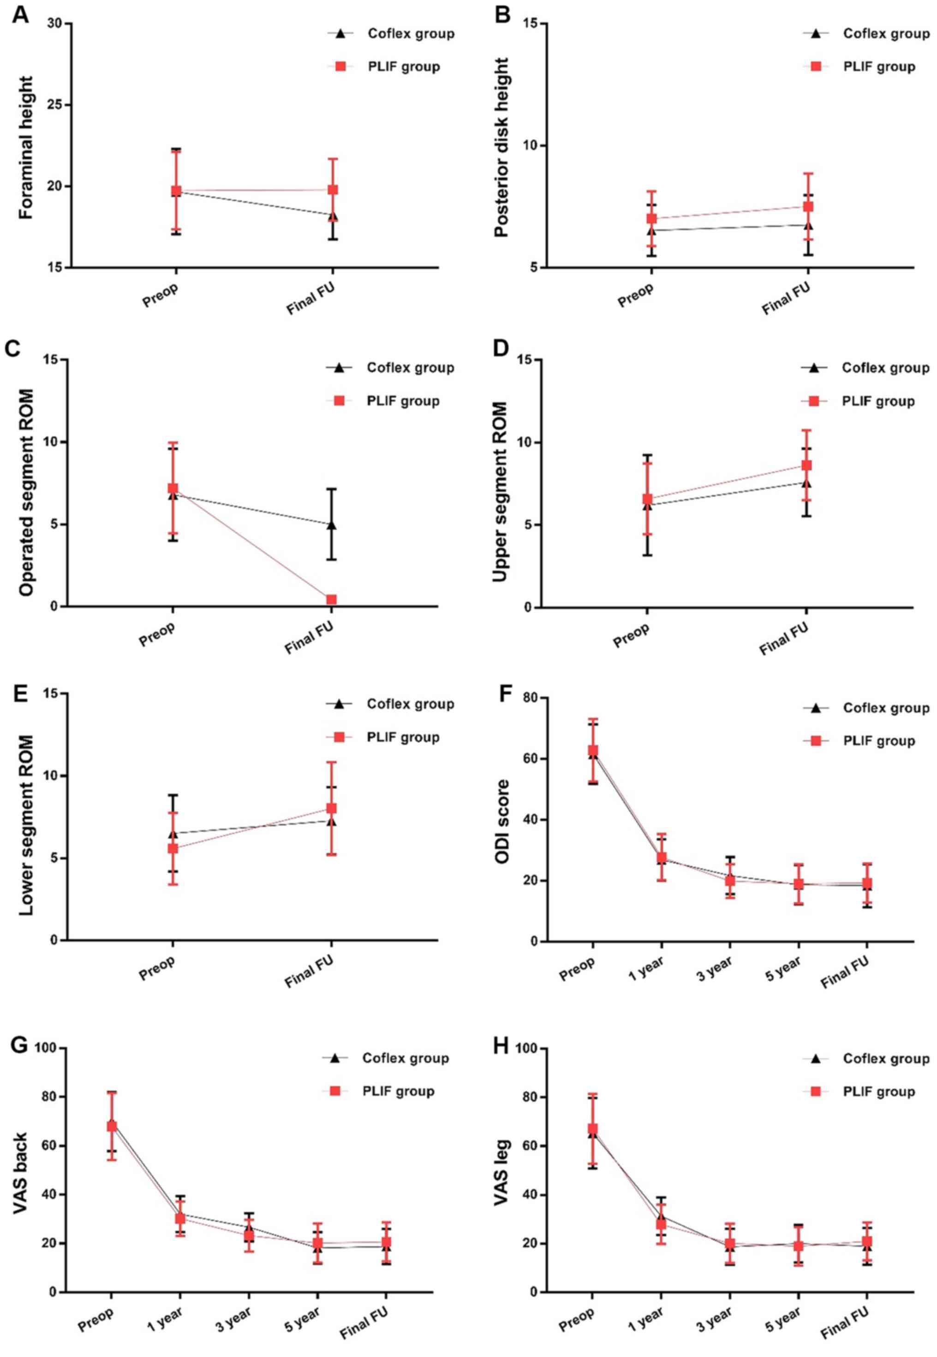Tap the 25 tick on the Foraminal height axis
click(58, 105)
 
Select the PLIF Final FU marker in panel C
click(331, 600)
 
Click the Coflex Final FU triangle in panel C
click(332, 524)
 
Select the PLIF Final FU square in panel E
click(331, 808)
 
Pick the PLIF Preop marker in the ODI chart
click(593, 751)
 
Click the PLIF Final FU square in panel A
click(332, 190)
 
